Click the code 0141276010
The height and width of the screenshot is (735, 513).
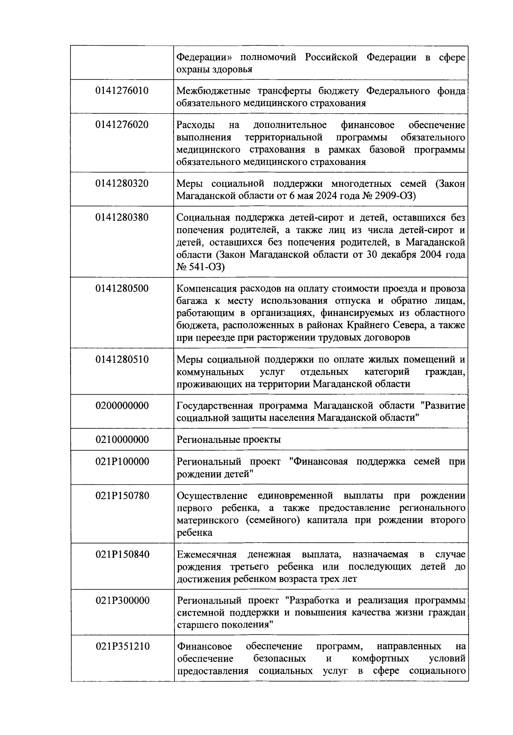[122, 91]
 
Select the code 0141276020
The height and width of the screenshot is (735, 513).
[122, 125]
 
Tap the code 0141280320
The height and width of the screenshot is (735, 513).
[122, 184]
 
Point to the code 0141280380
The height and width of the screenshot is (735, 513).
[122, 218]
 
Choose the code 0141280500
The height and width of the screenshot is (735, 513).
[122, 289]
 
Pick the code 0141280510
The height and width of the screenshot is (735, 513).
[122, 360]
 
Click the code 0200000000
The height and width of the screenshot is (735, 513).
[122, 406]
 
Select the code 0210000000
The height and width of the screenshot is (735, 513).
[122, 440]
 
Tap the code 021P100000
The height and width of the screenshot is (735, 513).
[122, 462]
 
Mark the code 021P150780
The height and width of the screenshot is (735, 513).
[122, 496]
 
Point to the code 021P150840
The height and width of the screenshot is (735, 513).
[122, 555]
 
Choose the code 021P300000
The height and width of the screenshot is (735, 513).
[122, 601]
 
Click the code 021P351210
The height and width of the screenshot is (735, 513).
[122, 646]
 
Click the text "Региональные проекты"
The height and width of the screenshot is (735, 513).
[229, 440]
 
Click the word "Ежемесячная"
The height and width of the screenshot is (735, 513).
[206, 555]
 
